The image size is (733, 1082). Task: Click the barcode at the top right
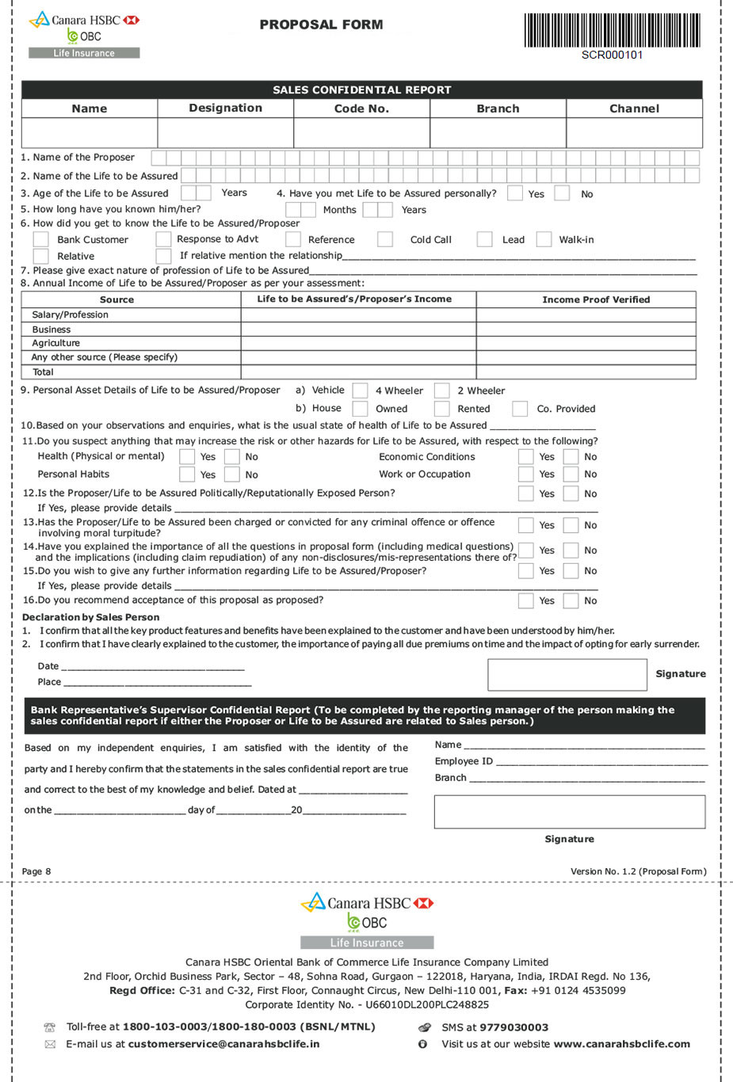pyautogui.click(x=612, y=30)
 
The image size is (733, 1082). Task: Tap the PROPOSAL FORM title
pyautogui.click(x=321, y=25)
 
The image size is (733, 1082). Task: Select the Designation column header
pyautogui.click(x=225, y=109)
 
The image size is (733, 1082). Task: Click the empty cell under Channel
pyautogui.click(x=634, y=132)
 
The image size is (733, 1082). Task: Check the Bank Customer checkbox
pyautogui.click(x=41, y=239)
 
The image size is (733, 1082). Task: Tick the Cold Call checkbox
pyautogui.click(x=385, y=239)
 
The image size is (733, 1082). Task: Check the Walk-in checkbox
pyautogui.click(x=544, y=239)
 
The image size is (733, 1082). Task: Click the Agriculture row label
pyautogui.click(x=56, y=343)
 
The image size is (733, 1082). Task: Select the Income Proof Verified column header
pyautogui.click(x=596, y=299)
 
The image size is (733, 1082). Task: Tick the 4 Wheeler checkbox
pyautogui.click(x=360, y=391)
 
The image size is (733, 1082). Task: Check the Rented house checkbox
pyautogui.click(x=442, y=409)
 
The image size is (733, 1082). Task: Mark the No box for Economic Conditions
pyautogui.click(x=571, y=456)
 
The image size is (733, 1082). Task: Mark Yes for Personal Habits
pyautogui.click(x=187, y=474)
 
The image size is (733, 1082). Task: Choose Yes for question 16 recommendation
pyautogui.click(x=525, y=600)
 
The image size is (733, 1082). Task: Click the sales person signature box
pyautogui.click(x=567, y=674)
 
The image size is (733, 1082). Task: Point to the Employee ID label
pyautogui.click(x=464, y=761)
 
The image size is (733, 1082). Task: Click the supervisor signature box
pyautogui.click(x=569, y=812)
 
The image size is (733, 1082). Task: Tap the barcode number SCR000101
pyautogui.click(x=612, y=55)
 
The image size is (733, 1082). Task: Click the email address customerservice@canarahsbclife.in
pyautogui.click(x=223, y=1044)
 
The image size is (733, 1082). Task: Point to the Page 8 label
pyautogui.click(x=36, y=871)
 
